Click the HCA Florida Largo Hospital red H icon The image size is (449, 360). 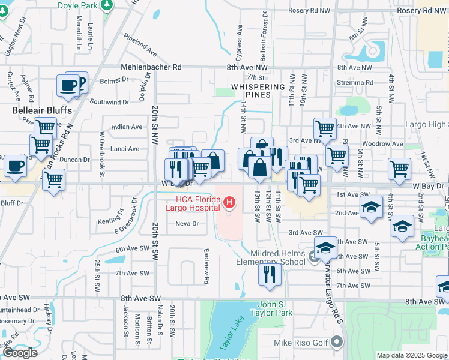pyautogui.click(x=228, y=204)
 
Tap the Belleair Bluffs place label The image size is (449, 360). pyautogui.click(x=42, y=111)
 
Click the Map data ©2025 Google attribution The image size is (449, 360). pyautogui.click(x=412, y=355)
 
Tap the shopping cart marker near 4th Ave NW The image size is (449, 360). pyautogui.click(x=325, y=128)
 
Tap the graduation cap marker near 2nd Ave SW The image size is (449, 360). pyautogui.click(x=372, y=208)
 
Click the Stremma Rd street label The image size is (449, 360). pyautogui.click(x=355, y=83)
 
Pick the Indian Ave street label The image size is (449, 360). pyautogui.click(x=127, y=127)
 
